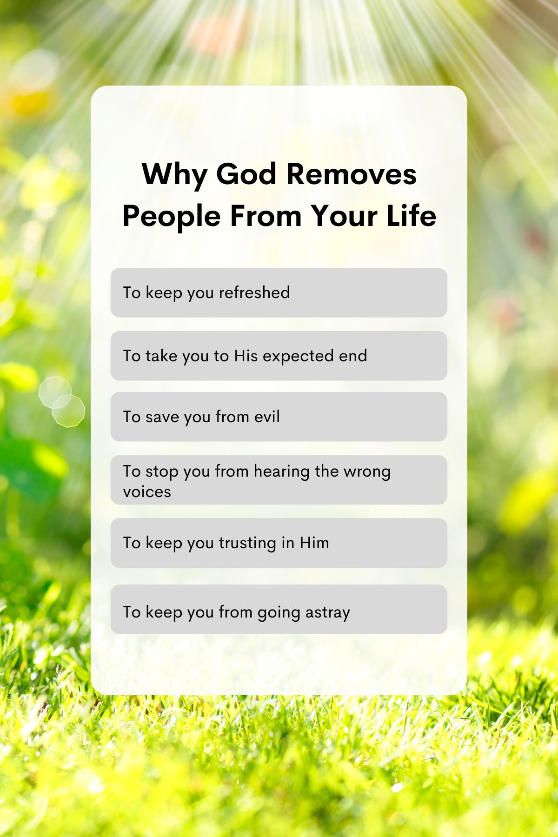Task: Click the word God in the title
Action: [246, 174]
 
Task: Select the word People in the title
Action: [171, 216]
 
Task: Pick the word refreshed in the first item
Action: [254, 292]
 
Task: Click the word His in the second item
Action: [246, 356]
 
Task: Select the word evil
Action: [267, 417]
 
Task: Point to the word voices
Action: [147, 492]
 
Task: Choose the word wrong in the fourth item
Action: [367, 472]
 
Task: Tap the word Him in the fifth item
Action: [314, 543]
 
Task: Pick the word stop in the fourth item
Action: [162, 472]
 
